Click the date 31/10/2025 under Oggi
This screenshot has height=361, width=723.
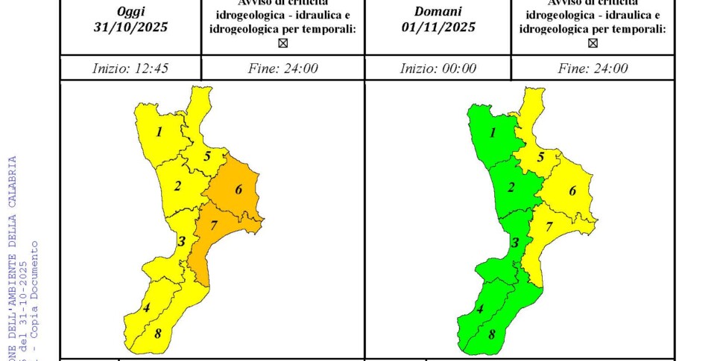click(131, 28)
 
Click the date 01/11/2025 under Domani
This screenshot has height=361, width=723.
click(438, 28)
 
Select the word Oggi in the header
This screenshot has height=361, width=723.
click(131, 11)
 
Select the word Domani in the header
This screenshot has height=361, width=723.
click(438, 11)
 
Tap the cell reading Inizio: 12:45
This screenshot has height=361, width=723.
click(130, 68)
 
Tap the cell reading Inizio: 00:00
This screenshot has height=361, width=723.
click(438, 68)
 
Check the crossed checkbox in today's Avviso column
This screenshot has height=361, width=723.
click(282, 43)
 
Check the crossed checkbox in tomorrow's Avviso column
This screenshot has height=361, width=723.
click(593, 43)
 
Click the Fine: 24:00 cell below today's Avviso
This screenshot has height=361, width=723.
click(282, 68)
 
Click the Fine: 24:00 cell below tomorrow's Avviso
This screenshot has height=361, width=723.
click(593, 68)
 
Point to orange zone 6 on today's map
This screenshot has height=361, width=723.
click(239, 190)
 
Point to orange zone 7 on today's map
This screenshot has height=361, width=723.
click(214, 226)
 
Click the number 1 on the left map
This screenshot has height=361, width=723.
click(159, 132)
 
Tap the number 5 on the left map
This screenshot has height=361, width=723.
click(207, 156)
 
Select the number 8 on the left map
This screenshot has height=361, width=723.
click(157, 333)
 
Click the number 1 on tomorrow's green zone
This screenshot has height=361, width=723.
click(493, 132)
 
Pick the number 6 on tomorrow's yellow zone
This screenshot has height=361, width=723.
click(572, 191)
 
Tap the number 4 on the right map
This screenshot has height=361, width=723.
click(480, 310)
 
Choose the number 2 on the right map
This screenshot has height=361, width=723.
click(511, 187)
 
